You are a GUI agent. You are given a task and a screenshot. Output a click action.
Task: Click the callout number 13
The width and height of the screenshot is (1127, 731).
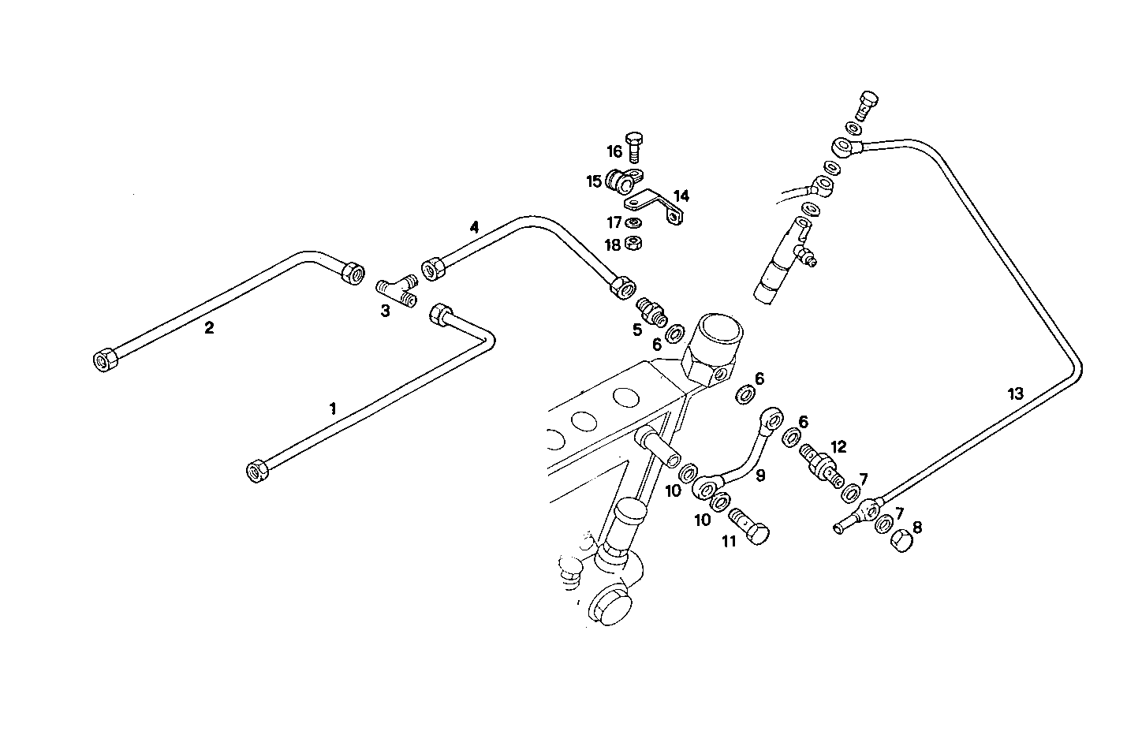1015,393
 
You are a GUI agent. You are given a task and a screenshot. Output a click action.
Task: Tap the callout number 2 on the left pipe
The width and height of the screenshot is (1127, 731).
209,328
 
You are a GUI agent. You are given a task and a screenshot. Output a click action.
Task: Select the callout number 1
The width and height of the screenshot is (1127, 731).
333,408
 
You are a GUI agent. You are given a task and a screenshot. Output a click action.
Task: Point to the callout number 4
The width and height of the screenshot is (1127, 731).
474,228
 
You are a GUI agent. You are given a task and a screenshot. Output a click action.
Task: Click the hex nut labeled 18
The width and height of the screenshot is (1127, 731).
632,244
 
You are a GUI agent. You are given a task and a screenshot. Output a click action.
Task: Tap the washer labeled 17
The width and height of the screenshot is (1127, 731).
632,223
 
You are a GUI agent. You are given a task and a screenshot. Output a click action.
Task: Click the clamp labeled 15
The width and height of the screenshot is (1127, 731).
622,183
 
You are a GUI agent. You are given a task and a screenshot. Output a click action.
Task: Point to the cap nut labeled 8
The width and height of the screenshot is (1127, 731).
901,541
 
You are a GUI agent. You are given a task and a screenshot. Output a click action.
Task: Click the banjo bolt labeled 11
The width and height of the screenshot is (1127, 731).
751,527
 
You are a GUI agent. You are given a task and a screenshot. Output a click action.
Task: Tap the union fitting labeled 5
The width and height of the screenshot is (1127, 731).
652,311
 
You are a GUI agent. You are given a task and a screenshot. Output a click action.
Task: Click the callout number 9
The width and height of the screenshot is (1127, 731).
760,476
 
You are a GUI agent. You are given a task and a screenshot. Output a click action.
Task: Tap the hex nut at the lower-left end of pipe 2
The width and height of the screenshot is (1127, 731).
103,361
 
